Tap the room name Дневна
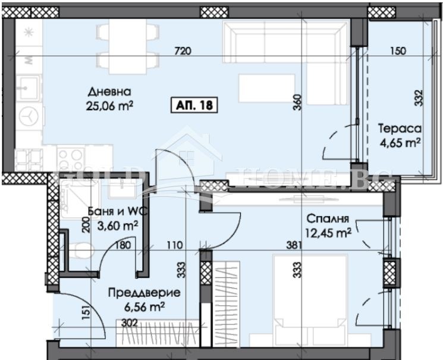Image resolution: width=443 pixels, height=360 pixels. (109, 92)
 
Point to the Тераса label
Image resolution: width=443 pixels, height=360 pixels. (400, 129)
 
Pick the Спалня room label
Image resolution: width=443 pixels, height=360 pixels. (325, 218)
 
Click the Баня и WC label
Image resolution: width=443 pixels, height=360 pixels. (113, 212)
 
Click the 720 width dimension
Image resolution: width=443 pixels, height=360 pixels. (183, 51)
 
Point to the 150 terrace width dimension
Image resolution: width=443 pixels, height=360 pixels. (398, 51)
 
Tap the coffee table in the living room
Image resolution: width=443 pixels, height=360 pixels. (267, 87)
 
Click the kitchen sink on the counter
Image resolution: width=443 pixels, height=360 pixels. (26, 88)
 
